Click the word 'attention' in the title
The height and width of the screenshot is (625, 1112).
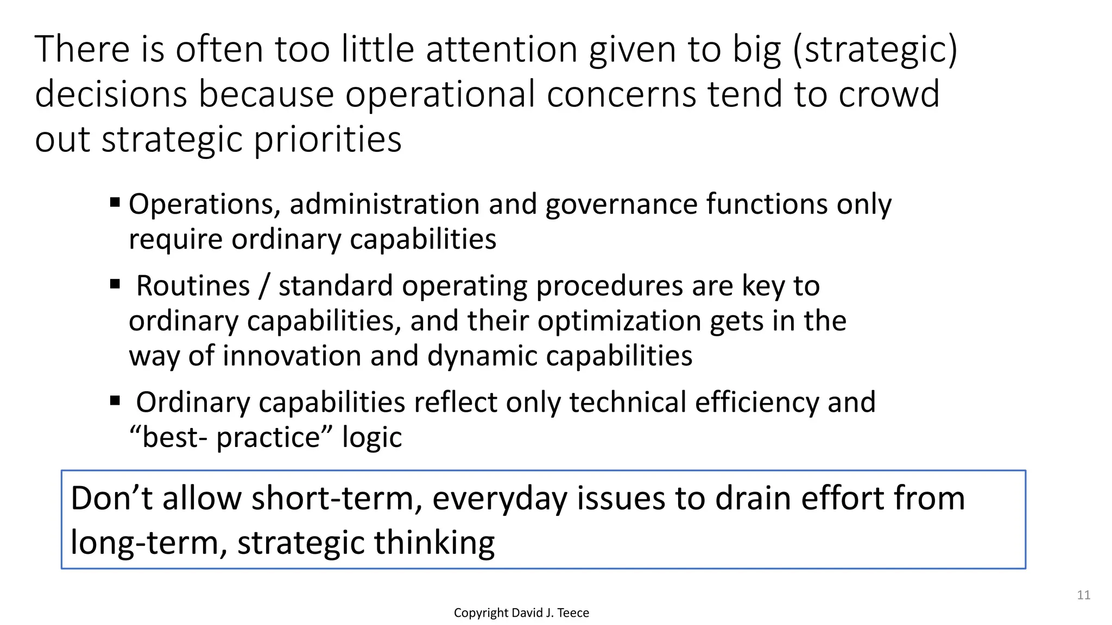coord(502,49)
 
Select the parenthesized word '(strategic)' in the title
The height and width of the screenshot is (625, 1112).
coord(875,49)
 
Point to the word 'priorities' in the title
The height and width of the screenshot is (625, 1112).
coord(328,139)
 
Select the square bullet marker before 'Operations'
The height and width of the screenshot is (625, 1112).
coord(115,202)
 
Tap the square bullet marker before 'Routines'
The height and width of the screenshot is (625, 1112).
coord(115,284)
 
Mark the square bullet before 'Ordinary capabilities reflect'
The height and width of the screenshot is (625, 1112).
coord(115,400)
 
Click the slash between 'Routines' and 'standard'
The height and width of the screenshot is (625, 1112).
coord(264,286)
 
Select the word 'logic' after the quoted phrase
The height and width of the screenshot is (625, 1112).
coord(372,437)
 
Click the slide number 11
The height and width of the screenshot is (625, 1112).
coord(1083,595)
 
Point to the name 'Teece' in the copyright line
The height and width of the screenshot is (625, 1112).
coord(573,613)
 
